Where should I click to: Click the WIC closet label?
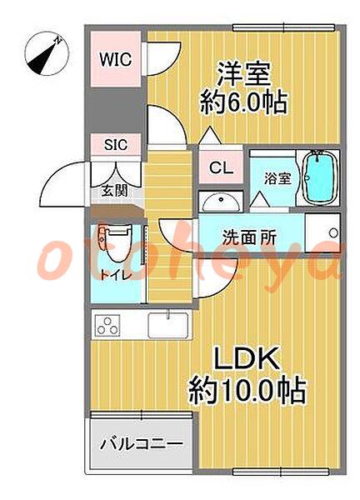point(115,59)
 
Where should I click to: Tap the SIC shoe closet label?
point(116,145)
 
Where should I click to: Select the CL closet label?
point(221,168)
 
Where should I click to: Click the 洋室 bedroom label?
point(244,74)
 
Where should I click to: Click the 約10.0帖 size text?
point(247,392)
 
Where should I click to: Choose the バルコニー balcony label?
point(142,444)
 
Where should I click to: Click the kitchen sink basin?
point(167,325)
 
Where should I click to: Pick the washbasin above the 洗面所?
point(220,203)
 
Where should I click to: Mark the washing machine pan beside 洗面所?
point(322,232)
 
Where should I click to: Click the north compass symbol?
point(47,53)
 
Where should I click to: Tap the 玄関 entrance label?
point(115,191)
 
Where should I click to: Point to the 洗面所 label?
point(249,237)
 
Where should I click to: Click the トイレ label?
point(116,274)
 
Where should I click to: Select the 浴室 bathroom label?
point(277,178)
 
